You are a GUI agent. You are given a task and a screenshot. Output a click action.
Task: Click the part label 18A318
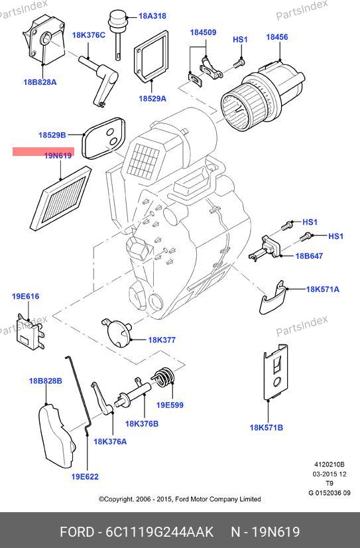[152, 16]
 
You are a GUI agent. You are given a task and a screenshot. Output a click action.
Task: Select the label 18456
[277, 37]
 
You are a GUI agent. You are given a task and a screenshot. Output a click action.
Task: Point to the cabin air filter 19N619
[60, 198]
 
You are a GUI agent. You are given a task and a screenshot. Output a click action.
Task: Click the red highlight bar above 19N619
[43, 151]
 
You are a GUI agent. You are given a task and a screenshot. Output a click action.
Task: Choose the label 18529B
[52, 135]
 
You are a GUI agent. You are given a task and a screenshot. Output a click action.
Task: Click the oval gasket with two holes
[103, 139]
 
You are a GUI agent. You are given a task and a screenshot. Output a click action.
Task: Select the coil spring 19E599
[162, 377]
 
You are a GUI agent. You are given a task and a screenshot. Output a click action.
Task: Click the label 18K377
[162, 340]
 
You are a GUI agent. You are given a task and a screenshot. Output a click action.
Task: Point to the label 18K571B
[266, 427]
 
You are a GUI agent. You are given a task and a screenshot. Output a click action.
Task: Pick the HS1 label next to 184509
[240, 40]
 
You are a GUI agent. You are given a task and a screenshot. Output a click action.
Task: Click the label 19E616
[25, 297]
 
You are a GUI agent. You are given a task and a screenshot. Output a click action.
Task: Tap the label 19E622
[85, 477]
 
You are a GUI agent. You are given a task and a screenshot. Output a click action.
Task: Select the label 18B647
[309, 256]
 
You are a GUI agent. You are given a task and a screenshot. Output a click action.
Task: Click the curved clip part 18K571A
[272, 297]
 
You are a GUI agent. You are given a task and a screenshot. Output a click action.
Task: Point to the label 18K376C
[89, 35]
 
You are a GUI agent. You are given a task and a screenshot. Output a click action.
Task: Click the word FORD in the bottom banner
[77, 532]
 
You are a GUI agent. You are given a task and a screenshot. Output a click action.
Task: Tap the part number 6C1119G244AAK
[159, 532]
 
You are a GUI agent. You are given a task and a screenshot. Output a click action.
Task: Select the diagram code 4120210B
[330, 464]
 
